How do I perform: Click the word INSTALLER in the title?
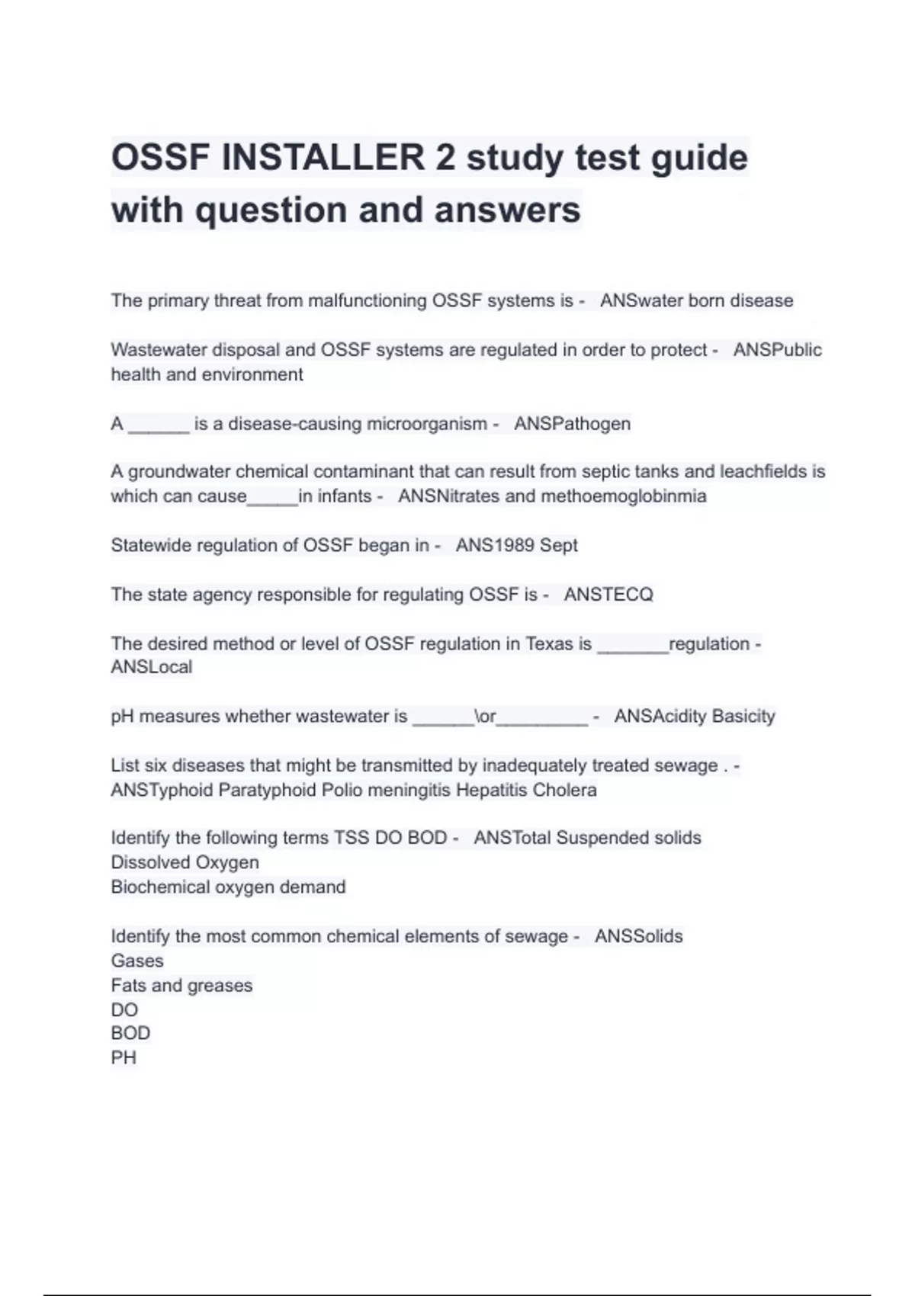323,158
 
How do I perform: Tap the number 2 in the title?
445,158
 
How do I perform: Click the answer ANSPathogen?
572,424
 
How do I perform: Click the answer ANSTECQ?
608,595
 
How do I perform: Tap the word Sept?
559,545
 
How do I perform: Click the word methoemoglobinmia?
624,496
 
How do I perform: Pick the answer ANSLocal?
151,667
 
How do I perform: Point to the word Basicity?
739,716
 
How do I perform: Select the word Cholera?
564,790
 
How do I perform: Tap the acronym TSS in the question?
352,838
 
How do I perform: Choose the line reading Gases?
137,961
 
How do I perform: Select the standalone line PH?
124,1058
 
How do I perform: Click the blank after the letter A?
159,427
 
